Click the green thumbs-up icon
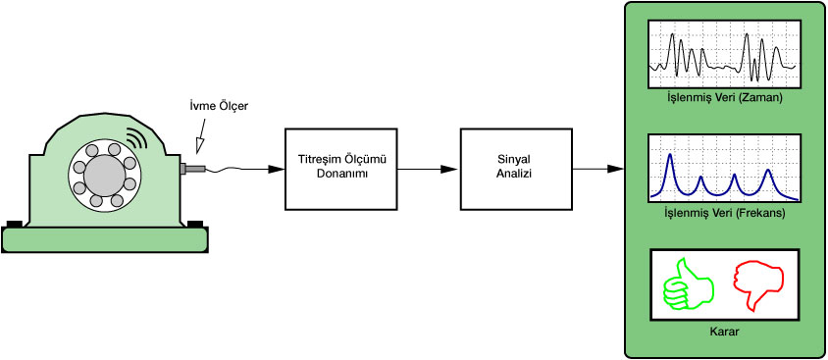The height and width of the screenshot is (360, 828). [688, 285]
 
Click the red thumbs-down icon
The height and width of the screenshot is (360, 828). [758, 285]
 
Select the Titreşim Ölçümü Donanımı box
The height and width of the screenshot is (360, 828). [341, 169]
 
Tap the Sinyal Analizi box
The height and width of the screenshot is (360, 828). [516, 169]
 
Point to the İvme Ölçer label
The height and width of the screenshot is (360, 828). [219, 106]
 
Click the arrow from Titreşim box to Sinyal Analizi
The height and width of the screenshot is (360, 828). [429, 169]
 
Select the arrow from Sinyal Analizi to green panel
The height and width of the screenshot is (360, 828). [598, 169]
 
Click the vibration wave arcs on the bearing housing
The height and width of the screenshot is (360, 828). [136, 139]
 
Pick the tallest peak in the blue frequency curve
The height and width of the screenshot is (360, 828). [670, 155]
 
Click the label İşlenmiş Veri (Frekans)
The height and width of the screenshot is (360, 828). [724, 213]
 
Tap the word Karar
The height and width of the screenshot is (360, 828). [724, 333]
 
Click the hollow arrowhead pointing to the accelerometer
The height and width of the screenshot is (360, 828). [200, 144]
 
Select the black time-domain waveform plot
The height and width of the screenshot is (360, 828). [724, 54]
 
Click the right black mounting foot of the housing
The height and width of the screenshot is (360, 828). [195, 224]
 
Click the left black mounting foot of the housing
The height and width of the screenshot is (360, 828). [15, 224]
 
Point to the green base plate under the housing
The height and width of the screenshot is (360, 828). [105, 239]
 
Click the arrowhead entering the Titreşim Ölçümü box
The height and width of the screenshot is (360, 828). [277, 169]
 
